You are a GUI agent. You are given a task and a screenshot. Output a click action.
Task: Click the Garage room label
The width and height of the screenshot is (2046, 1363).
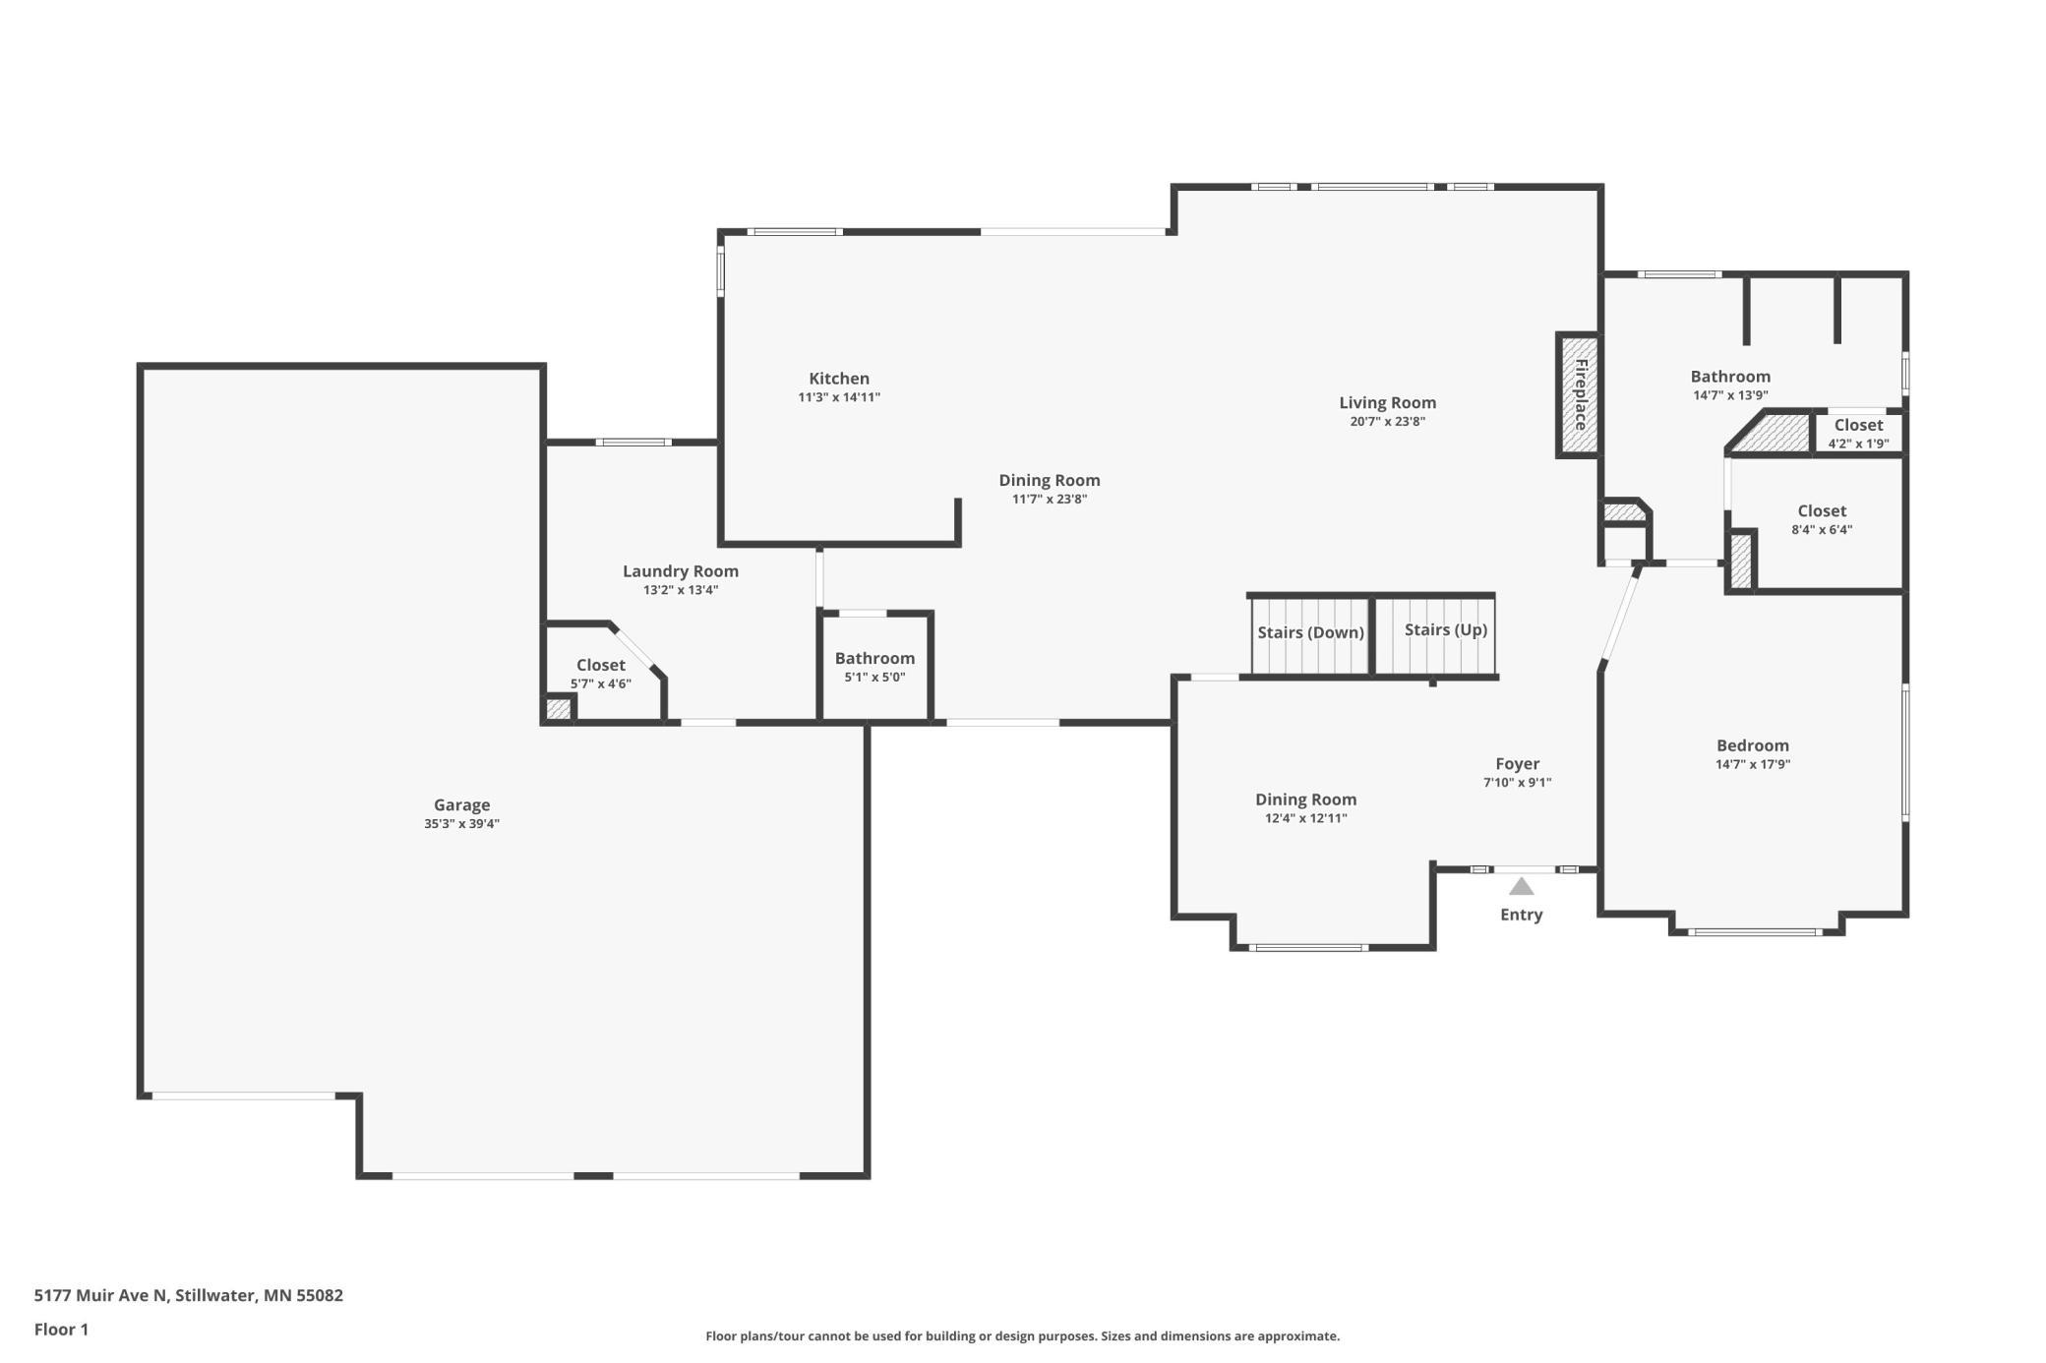[461, 804]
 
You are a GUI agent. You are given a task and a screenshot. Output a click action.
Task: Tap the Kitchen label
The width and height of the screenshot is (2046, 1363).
[839, 379]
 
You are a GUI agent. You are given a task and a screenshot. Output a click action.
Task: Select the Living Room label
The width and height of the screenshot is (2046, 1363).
[1387, 402]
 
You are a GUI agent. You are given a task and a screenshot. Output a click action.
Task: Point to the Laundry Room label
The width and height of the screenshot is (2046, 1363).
[681, 571]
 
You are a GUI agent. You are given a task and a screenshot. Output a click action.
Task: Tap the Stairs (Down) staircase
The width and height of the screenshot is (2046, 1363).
[1310, 635]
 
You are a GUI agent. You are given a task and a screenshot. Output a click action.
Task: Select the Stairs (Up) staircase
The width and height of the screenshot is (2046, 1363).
[1435, 635]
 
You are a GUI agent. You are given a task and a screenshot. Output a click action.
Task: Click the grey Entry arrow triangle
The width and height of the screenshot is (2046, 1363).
[1522, 887]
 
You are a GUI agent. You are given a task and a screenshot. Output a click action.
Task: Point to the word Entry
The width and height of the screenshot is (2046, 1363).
[1522, 915]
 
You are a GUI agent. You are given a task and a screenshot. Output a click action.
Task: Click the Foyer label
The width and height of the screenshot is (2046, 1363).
[1518, 764]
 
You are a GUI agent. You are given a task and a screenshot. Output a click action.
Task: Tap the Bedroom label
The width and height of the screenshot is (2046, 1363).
[1753, 745]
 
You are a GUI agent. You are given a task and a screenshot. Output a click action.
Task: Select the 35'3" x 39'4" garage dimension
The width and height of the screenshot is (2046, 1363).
[461, 824]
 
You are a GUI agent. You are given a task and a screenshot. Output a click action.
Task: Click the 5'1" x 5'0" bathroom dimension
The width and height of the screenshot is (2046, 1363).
[874, 678]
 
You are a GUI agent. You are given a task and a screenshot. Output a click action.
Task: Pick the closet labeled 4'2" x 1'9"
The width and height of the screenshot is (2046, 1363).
[1858, 433]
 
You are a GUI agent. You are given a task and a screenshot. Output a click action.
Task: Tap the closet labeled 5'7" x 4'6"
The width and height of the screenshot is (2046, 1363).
[601, 674]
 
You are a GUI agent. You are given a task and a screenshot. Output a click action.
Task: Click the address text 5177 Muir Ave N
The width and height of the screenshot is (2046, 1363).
[102, 1295]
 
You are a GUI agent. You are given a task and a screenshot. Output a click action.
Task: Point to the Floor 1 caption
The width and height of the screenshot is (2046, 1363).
[61, 1330]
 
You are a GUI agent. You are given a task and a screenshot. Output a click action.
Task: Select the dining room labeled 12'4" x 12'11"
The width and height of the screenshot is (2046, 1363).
[1306, 808]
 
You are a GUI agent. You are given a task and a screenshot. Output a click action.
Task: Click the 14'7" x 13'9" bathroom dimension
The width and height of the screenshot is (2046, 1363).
[1730, 395]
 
